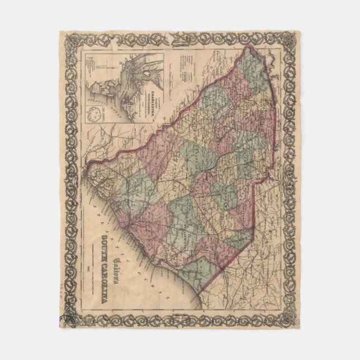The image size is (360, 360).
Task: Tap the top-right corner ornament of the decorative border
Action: click(x=290, y=41)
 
